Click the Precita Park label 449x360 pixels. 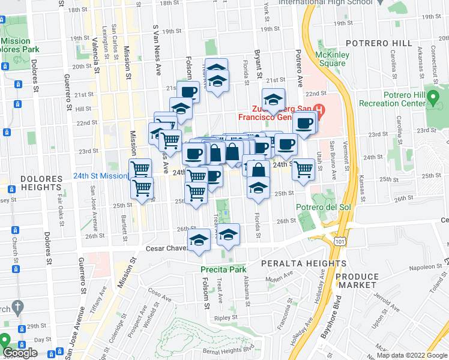(223, 269)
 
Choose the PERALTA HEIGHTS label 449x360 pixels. (303, 263)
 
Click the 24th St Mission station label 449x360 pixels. (100, 176)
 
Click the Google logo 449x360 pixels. (20, 353)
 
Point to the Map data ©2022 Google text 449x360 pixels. (412, 355)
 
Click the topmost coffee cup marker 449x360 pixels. (188, 91)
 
